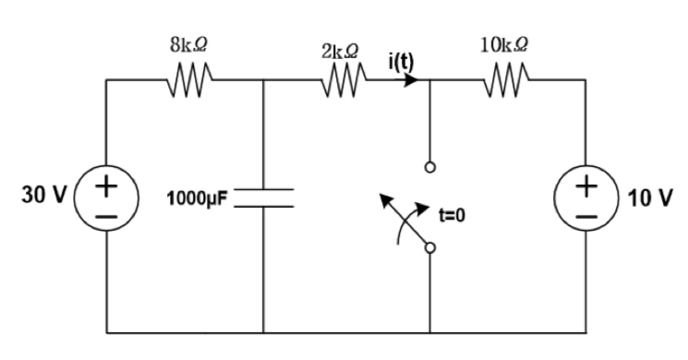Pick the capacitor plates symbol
pos(264,198)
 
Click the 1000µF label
pos(200,198)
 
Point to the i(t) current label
pos(400,64)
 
